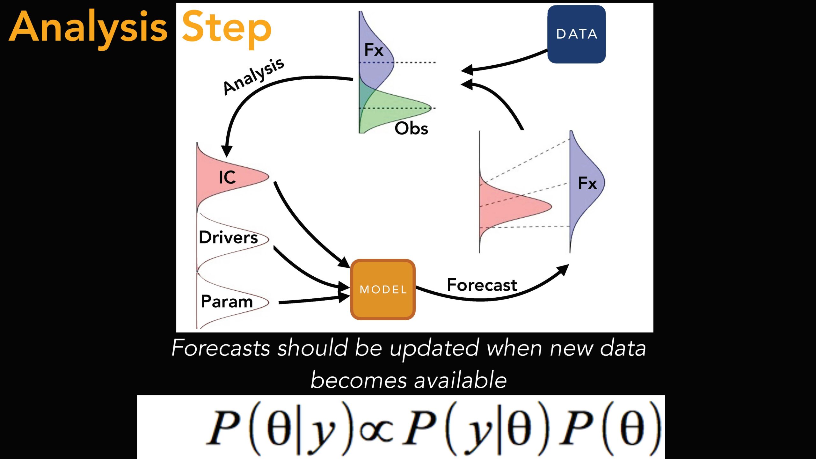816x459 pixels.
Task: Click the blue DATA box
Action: tap(576, 34)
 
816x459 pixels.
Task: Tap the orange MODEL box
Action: tap(383, 289)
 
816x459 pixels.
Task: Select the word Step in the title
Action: tap(226, 29)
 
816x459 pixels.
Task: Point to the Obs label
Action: tap(411, 128)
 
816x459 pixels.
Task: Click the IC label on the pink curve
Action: tap(227, 177)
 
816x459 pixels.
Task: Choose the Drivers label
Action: tap(228, 237)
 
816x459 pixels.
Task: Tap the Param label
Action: tap(227, 301)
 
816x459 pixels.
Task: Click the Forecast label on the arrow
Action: tap(482, 285)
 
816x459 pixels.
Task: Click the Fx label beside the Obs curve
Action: tap(374, 50)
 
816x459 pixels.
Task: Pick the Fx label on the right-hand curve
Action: tap(587, 184)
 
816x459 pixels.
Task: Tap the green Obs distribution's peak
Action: tap(431, 108)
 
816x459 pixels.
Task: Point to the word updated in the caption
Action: tap(434, 348)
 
